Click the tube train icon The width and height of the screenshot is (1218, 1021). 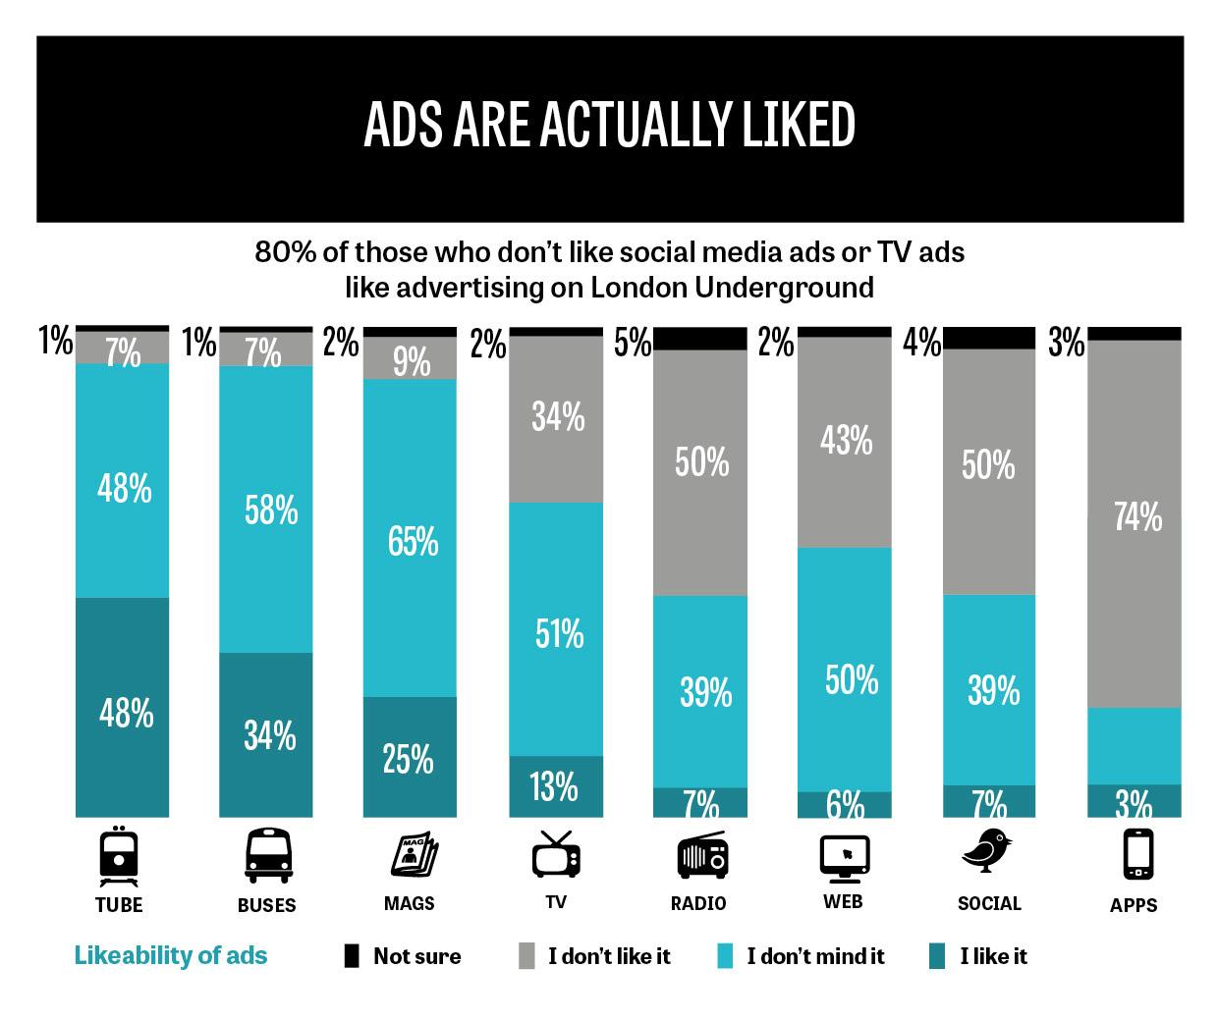click(x=119, y=856)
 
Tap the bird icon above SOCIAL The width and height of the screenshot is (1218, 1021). click(x=986, y=850)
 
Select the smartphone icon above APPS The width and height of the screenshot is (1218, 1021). click(x=1137, y=854)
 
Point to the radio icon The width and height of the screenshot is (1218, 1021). click(x=702, y=855)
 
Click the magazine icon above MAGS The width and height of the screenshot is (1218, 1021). click(x=415, y=854)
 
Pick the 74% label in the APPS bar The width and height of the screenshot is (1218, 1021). click(x=1137, y=516)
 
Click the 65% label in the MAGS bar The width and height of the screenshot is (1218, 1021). click(x=413, y=541)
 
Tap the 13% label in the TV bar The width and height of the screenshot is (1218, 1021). click(x=554, y=786)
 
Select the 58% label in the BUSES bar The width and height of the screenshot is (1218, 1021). click(x=271, y=510)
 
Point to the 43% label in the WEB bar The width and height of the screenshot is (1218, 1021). click(x=847, y=440)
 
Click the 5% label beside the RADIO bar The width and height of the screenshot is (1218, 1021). click(x=633, y=343)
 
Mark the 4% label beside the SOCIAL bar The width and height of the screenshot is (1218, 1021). click(x=921, y=343)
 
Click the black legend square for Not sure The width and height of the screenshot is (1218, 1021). click(x=352, y=956)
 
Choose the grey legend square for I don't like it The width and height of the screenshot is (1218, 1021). click(x=526, y=956)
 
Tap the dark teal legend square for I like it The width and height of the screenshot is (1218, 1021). click(x=936, y=956)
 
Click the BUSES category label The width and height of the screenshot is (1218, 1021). click(x=266, y=905)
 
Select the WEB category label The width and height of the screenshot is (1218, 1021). click(x=843, y=902)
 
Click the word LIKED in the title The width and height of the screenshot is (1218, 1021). click(x=799, y=125)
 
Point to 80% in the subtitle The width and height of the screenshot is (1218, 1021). click(x=286, y=252)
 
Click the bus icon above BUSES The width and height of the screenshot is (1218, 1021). click(x=268, y=855)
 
